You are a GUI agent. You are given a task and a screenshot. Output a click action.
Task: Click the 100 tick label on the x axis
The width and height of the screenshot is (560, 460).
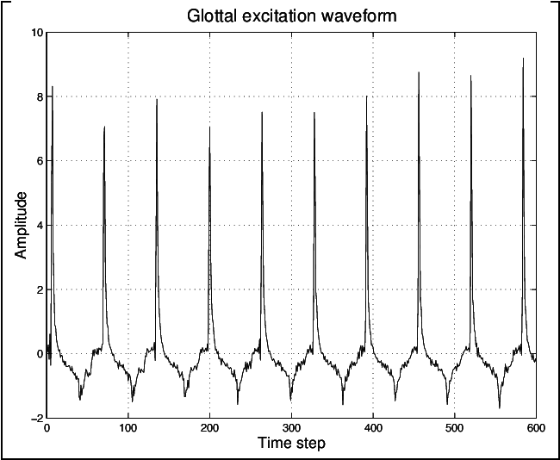pyautogui.click(x=128, y=428)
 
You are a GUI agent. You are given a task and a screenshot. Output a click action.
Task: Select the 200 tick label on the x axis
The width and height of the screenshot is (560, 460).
pyautogui.click(x=210, y=428)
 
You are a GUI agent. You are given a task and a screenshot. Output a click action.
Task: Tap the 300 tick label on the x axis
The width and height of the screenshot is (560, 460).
pyautogui.click(x=291, y=428)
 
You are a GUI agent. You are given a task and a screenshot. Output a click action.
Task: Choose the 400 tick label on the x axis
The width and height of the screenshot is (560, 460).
pyautogui.click(x=373, y=428)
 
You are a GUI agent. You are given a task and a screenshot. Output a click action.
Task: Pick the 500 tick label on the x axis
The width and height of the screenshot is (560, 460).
pyautogui.click(x=455, y=428)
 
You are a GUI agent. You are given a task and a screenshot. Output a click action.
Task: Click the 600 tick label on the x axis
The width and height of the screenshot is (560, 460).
pyautogui.click(x=535, y=428)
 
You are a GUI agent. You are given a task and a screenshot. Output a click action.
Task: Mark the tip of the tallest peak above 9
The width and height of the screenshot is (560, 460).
pyautogui.click(x=523, y=59)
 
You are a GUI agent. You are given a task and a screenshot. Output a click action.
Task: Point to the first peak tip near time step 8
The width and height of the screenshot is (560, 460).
pyautogui.click(x=53, y=87)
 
